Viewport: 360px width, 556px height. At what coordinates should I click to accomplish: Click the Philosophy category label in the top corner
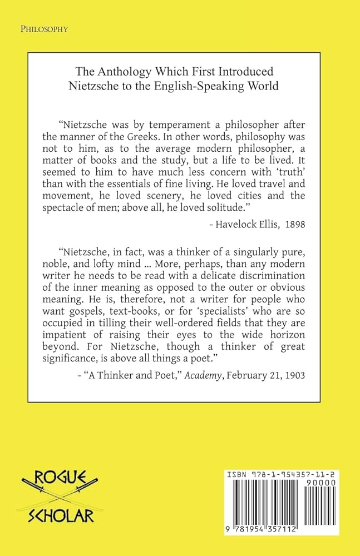[43, 29]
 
